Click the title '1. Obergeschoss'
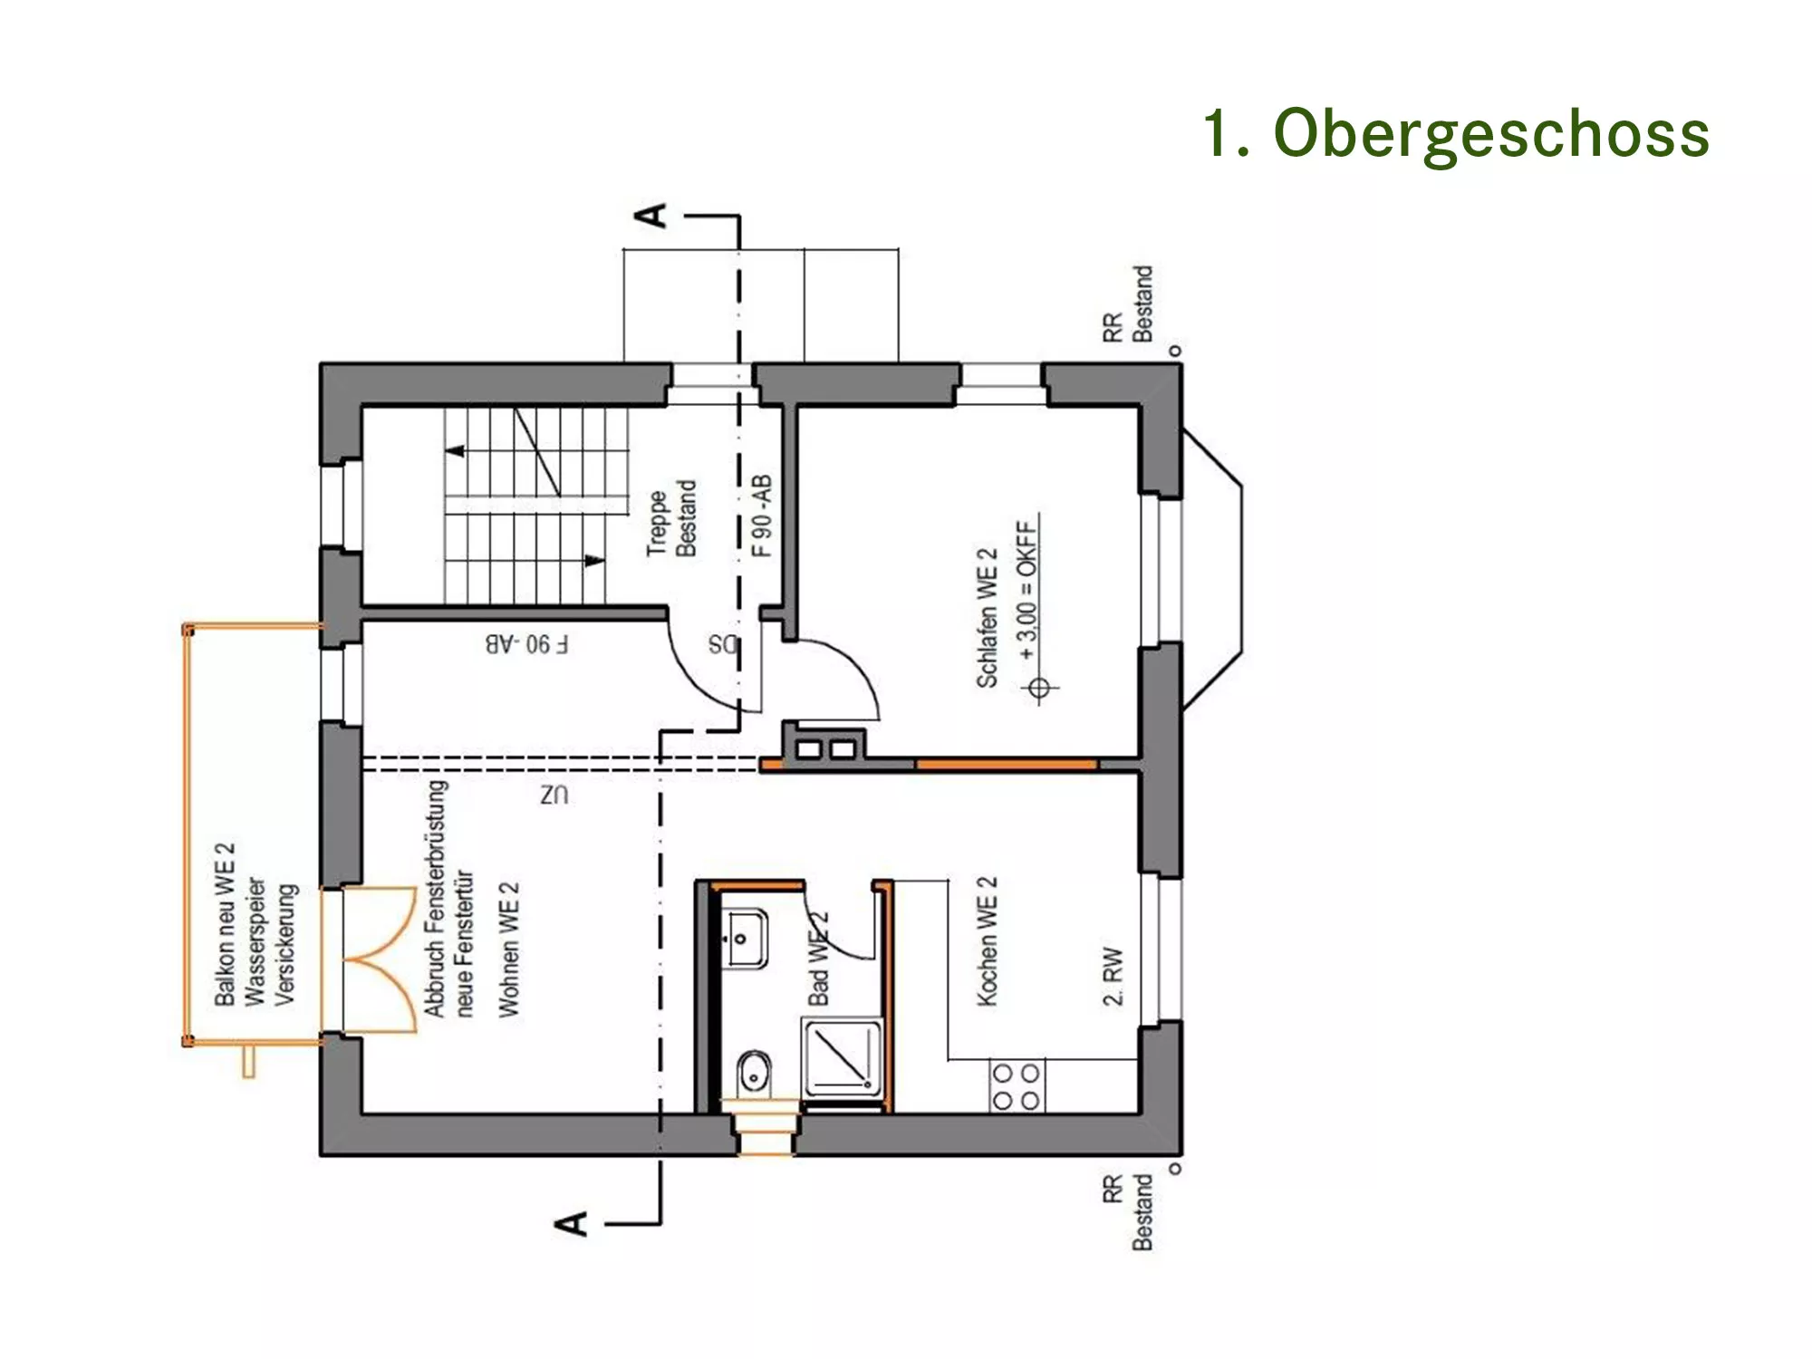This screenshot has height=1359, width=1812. pos(1456,133)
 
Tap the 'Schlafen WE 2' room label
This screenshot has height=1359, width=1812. pos(987,618)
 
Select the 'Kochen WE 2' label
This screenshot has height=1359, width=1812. pos(987,940)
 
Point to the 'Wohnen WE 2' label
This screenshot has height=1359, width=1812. pos(508,949)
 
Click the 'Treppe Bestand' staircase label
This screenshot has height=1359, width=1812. pos(671,518)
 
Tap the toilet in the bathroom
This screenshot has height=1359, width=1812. pos(754,1073)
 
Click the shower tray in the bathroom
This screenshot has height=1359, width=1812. pos(842,1057)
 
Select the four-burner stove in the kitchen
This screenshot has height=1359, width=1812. pos(1017,1086)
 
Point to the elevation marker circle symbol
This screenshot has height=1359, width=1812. pos(1039,689)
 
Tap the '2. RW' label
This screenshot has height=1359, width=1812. pos(1113,976)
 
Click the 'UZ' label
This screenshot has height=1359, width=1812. pos(554,795)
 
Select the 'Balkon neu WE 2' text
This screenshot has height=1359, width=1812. pos(224,924)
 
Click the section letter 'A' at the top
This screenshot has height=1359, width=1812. pos(651,216)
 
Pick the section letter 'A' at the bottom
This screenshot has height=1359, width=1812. pos(572,1223)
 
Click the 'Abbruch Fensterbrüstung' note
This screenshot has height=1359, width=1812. pos(436,899)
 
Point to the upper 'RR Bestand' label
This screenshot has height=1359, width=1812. pos(1127,304)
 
